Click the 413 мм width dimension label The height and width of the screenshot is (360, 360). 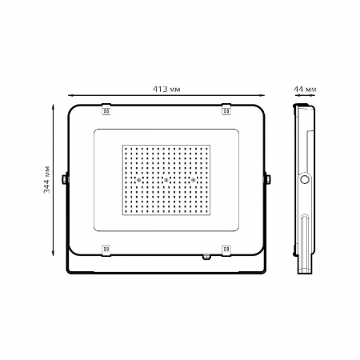[x=166, y=89]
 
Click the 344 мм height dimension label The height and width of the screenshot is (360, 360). [x=46, y=179]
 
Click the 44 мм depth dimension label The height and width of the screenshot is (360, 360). [x=305, y=90]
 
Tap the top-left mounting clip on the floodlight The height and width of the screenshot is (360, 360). [x=106, y=109]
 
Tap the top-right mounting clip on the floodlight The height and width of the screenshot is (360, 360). [x=226, y=109]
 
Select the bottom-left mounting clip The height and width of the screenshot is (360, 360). [x=106, y=250]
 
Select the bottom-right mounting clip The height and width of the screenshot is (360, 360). [x=226, y=250]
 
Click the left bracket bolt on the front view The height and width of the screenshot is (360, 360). [x=64, y=179]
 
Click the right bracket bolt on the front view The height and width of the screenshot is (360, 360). [x=268, y=179]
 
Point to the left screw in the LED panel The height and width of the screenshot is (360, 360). [x=138, y=180]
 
